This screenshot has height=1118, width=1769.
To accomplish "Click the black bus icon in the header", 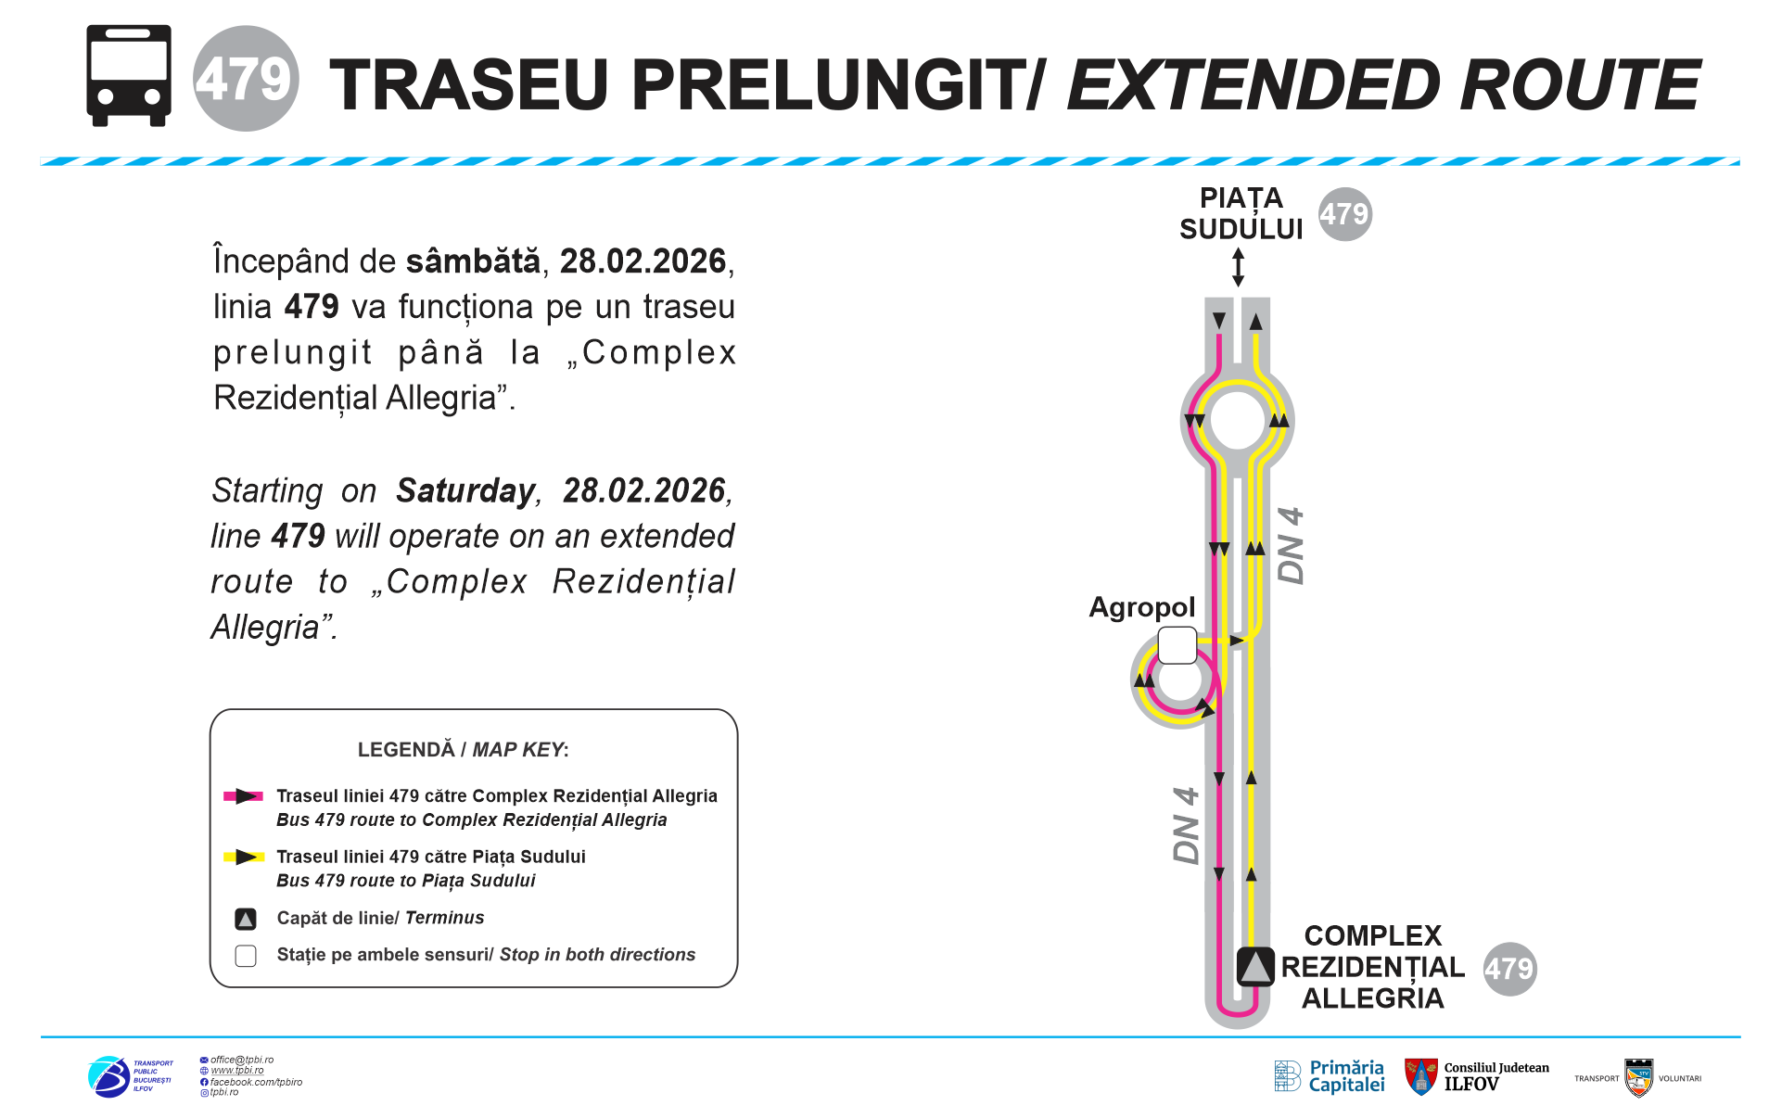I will point(129,75).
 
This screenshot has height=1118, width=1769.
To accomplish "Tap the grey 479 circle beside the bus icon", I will point(246,79).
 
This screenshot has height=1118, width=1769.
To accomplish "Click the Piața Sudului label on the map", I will point(1241,213).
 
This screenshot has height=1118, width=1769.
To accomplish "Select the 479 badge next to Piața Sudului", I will point(1344,214).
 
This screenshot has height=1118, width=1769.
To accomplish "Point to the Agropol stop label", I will point(1141,607).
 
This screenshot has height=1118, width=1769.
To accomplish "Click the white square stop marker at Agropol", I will point(1177,645).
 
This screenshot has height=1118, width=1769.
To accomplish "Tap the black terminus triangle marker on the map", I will point(1255,967).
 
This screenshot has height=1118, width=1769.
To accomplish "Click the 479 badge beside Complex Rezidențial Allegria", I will point(1509,969).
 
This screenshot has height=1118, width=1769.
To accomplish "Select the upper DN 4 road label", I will point(1291,545).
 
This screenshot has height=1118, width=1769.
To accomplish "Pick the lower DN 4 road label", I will point(1187,825).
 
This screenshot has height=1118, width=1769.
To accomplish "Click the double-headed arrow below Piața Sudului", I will point(1238,267).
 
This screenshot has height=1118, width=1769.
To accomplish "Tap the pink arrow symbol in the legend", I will point(244,796).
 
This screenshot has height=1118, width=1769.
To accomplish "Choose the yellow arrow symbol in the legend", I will point(244,857).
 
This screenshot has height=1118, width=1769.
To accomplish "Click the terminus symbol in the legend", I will point(246,919).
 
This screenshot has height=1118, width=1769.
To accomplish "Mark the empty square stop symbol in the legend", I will point(246,956).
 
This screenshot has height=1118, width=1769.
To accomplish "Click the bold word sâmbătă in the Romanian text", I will point(473,261).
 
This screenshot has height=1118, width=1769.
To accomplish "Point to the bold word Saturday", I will point(465,490).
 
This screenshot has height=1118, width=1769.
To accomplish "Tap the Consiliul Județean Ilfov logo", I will point(1476,1076).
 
